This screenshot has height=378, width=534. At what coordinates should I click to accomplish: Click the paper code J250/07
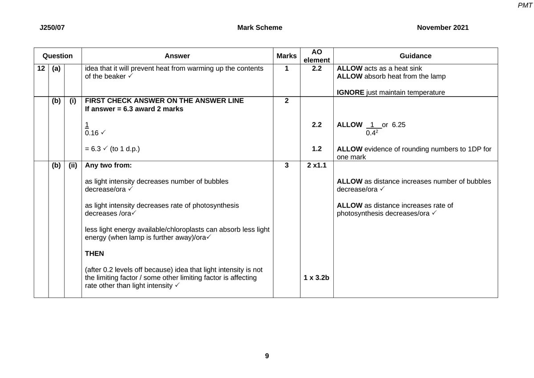52,28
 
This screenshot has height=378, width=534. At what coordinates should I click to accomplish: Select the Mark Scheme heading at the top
259,28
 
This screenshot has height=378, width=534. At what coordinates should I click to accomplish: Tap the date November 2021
442,28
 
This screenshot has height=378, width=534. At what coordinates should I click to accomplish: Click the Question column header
57,56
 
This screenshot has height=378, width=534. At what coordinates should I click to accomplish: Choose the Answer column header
177,56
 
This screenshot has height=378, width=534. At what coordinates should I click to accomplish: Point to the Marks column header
287,56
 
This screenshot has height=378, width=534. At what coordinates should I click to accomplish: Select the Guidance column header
415,56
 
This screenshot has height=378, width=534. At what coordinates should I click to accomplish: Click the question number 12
41,69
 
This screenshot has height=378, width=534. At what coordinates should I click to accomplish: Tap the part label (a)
56,69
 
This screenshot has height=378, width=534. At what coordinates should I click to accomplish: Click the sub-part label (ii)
73,165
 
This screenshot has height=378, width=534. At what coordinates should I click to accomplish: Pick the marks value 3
287,165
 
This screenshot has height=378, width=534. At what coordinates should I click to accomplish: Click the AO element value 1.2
316,149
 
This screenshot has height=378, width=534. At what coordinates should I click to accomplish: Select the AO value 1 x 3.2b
316,278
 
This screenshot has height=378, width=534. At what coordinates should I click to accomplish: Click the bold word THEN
94,254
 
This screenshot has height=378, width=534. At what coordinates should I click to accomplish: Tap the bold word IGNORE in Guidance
350,93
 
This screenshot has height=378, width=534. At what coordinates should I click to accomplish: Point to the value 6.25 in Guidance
398,125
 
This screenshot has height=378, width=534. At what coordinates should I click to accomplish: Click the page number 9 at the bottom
267,356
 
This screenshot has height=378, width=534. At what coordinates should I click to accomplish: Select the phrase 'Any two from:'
108,165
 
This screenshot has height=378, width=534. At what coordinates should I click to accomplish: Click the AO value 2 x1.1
316,165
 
